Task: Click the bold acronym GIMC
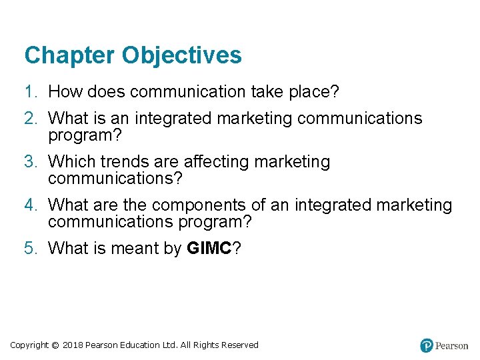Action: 209,249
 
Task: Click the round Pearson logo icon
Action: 427,345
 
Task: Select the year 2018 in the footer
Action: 73,345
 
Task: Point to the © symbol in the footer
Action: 55,345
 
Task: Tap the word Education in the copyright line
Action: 140,345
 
